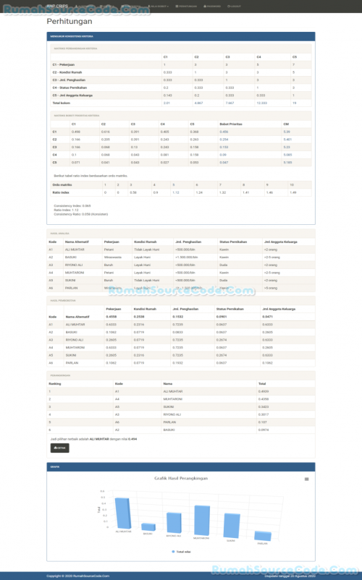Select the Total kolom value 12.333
(x=262, y=103)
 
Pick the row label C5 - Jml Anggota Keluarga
(x=74, y=95)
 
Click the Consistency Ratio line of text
(x=81, y=213)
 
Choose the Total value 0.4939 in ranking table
(x=264, y=391)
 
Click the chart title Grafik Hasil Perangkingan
(x=181, y=478)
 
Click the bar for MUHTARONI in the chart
(x=201, y=519)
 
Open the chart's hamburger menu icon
(x=306, y=479)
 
